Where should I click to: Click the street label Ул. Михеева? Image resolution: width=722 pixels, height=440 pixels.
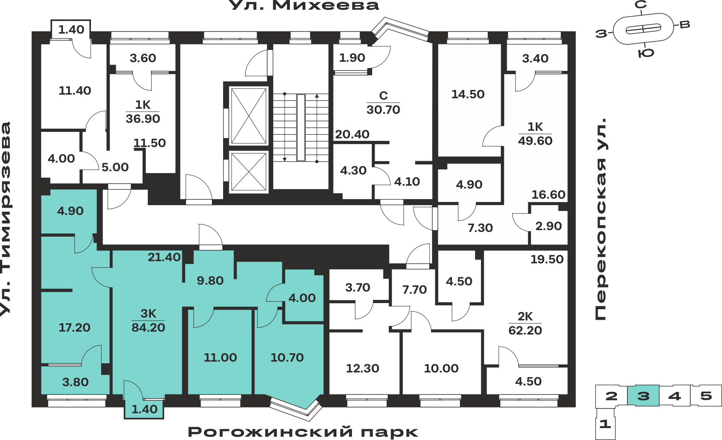tap(304, 5)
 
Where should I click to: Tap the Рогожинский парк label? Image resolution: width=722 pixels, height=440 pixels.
tap(303, 432)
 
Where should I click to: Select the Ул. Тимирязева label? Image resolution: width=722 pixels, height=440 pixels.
tap(6, 219)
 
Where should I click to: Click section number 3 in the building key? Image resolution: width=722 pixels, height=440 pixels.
tap(643, 396)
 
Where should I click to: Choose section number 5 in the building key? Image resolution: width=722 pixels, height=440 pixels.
tap(706, 396)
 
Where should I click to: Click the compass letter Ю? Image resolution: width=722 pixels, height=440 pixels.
tap(646, 53)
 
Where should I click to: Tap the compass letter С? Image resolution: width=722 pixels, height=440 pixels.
tap(641, 5)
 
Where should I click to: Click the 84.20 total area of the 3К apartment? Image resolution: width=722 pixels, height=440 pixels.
tap(148, 327)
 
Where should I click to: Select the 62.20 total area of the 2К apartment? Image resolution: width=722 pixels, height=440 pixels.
tap(525, 330)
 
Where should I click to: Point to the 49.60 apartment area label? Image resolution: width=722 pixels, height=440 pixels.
tap(535, 141)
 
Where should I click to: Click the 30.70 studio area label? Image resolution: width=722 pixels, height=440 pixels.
tap(383, 109)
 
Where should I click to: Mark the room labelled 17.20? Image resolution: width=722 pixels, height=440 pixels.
tap(74, 327)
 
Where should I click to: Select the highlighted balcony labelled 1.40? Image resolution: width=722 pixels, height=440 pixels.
tap(144, 408)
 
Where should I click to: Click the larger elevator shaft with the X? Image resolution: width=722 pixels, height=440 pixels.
tap(249, 116)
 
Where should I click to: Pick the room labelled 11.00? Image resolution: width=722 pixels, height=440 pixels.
tap(220, 352)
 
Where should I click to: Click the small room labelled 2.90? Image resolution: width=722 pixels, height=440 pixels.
tap(548, 226)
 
